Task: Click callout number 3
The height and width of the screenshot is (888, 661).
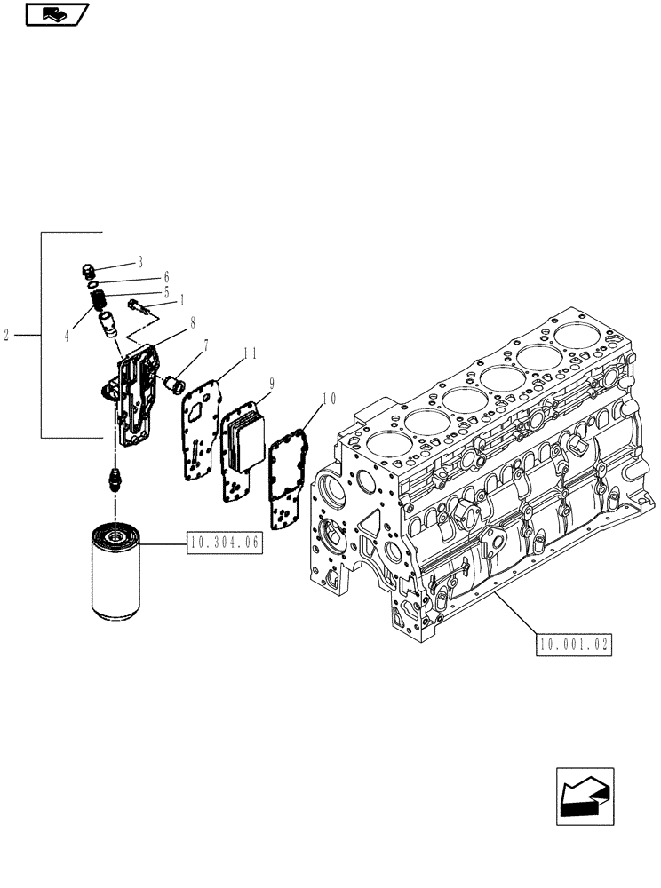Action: coord(140,262)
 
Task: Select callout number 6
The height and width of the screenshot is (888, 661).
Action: coord(165,277)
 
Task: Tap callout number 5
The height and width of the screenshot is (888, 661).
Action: coord(165,291)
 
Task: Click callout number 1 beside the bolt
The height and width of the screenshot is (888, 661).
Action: coord(181,300)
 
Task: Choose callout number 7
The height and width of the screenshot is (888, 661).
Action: coord(206,345)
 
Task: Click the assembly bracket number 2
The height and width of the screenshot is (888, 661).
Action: coord(7,336)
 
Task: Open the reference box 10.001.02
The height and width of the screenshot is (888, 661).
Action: coord(574,646)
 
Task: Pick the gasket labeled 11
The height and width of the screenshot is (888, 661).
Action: coord(200,426)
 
